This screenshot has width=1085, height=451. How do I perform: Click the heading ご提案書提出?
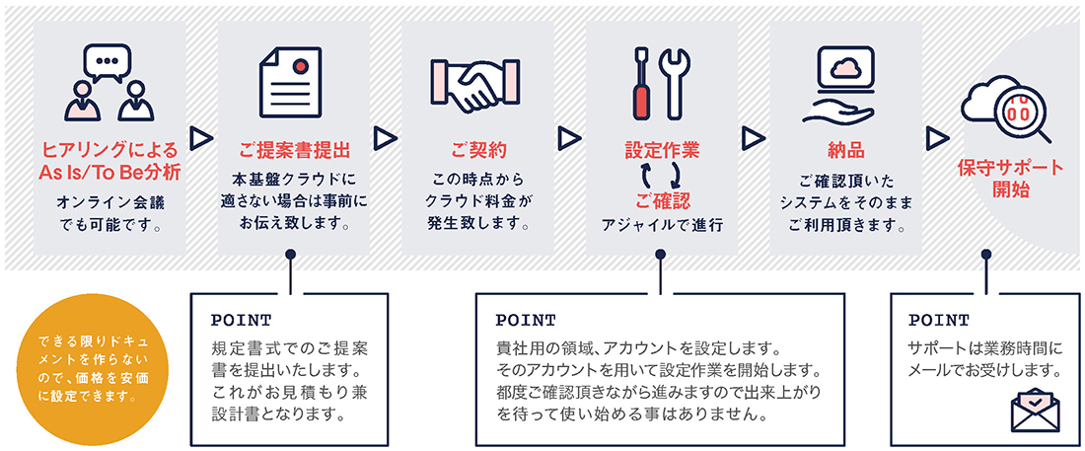pyautogui.click(x=294, y=149)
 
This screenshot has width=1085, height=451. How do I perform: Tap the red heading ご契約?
pyautogui.click(x=478, y=149)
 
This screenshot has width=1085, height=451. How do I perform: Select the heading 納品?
pyautogui.click(x=845, y=149)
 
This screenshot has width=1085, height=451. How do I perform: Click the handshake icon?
pyautogui.click(x=474, y=84)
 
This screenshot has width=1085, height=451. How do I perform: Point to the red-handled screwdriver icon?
pyautogui.click(x=642, y=82)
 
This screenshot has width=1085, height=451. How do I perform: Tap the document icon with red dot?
pyautogui.click(x=291, y=83)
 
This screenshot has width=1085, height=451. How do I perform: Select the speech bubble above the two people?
pyautogui.click(x=106, y=61)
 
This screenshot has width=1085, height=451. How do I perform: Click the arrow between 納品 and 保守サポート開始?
pyautogui.click(x=937, y=138)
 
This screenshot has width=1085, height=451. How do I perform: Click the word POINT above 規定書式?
pyautogui.click(x=242, y=321)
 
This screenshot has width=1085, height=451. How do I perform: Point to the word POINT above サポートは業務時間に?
pyautogui.click(x=939, y=321)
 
